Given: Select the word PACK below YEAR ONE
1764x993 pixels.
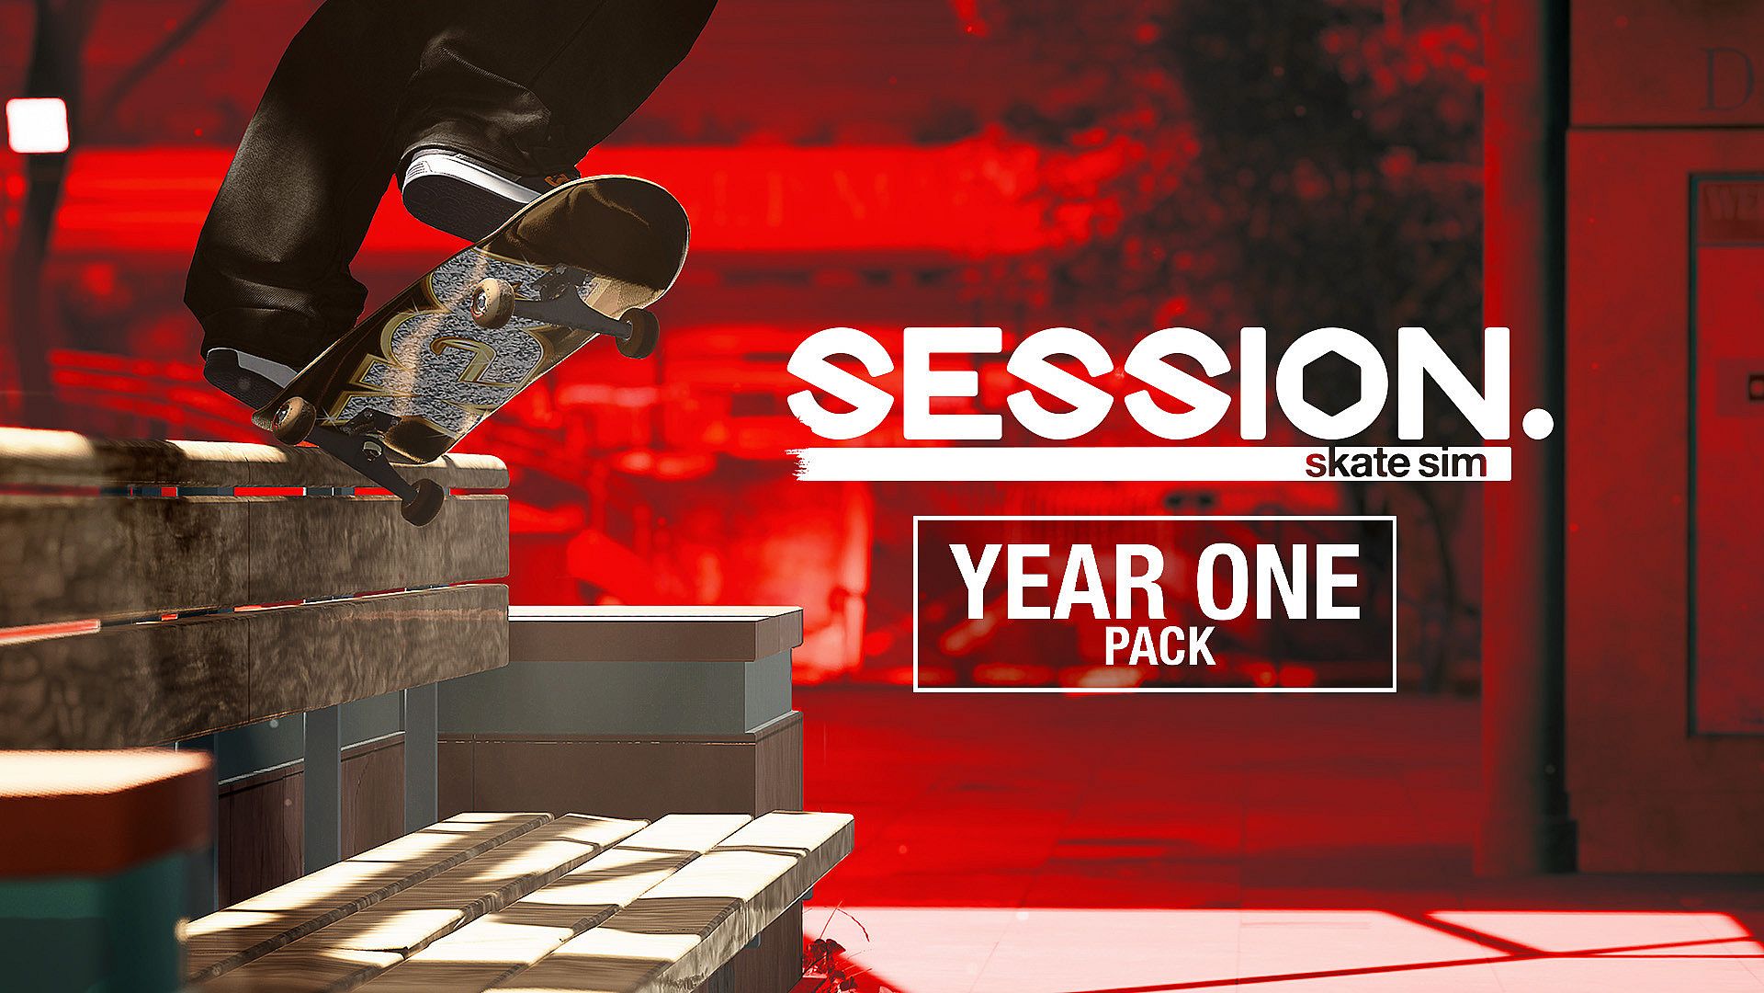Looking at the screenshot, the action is click(1159, 645).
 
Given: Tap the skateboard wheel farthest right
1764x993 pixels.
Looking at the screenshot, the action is click(639, 332).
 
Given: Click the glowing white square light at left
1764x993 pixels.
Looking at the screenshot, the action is click(37, 125).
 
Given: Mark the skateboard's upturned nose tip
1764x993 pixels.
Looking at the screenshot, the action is click(675, 216).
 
